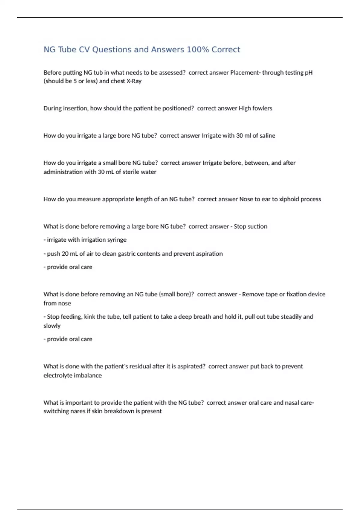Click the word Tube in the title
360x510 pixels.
point(67,49)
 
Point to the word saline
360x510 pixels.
point(267,136)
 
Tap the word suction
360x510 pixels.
point(257,226)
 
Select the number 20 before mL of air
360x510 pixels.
point(65,254)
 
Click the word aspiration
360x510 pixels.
point(209,254)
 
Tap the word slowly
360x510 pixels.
point(52,326)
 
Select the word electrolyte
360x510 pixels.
point(58,376)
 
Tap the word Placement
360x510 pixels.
point(244,73)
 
